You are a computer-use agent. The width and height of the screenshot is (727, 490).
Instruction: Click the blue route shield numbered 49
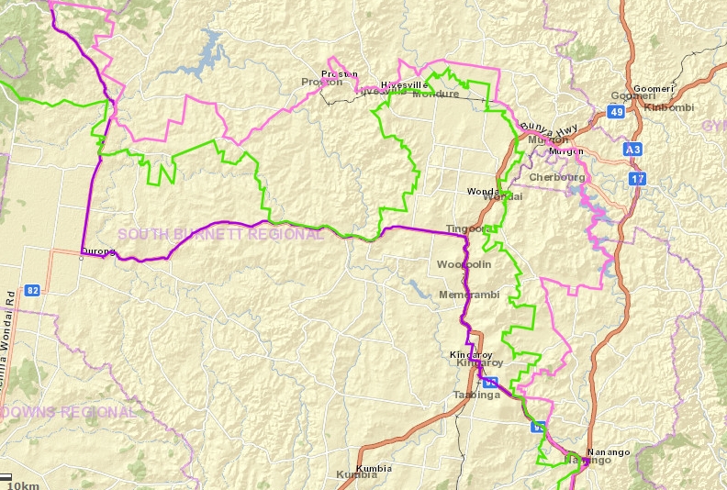point(615,113)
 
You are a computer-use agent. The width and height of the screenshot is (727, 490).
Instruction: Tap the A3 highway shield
point(632,148)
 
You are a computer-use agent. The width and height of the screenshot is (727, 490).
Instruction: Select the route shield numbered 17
point(637,179)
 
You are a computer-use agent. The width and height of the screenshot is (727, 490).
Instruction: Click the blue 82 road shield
point(34,290)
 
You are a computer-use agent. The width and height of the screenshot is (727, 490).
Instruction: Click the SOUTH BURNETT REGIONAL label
point(220,234)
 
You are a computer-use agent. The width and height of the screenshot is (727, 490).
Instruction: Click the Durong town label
point(98,251)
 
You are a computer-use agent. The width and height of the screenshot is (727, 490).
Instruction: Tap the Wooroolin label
point(464,264)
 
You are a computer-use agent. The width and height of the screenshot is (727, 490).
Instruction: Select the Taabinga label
point(475,395)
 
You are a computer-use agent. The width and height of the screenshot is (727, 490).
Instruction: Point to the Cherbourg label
point(557,176)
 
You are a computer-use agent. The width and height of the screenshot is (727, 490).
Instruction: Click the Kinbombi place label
point(670,107)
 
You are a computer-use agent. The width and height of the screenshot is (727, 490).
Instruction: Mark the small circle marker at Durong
point(82,258)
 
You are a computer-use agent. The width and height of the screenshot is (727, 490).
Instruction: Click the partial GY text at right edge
point(714,125)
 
